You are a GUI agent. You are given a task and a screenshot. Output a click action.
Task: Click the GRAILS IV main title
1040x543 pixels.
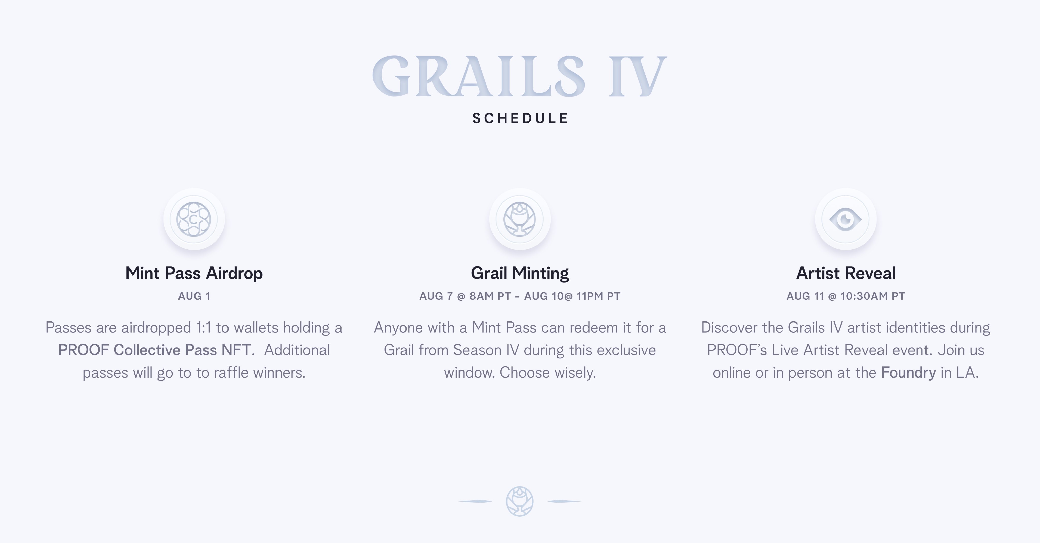click(519, 76)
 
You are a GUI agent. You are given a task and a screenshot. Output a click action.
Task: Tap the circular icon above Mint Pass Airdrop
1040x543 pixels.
click(194, 219)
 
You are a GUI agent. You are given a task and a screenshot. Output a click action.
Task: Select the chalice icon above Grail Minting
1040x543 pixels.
click(519, 219)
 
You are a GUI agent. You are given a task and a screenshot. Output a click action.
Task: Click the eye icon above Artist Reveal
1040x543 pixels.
click(846, 219)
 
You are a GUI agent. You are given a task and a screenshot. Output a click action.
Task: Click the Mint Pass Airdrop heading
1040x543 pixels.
click(194, 273)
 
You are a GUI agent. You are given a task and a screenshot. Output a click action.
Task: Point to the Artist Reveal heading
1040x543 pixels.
click(846, 273)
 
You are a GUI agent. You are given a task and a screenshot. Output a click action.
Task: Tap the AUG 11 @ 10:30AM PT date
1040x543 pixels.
click(846, 296)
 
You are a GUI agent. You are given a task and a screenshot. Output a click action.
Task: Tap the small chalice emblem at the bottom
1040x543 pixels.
click(519, 501)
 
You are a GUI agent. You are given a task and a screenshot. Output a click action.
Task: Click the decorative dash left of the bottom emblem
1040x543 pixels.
click(475, 501)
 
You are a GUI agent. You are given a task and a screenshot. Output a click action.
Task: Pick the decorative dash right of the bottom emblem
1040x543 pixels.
click(564, 501)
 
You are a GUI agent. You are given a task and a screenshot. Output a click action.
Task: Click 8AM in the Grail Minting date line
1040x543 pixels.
click(482, 296)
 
